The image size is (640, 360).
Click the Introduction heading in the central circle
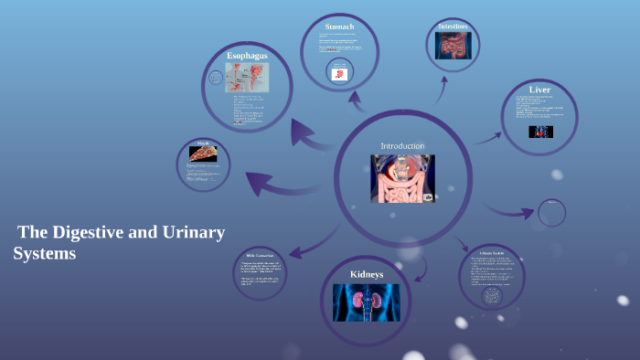point(402,145)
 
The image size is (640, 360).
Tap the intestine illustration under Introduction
point(402,178)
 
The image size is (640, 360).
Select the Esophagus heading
point(247,56)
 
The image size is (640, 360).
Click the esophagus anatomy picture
point(247,78)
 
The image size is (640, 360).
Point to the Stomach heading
point(339,26)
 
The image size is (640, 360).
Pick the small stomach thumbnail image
point(339,73)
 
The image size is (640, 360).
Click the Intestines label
point(453,26)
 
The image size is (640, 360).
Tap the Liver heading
point(539,90)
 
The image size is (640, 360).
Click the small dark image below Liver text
point(540,132)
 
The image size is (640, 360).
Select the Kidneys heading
point(366,274)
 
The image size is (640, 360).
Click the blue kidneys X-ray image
point(366,302)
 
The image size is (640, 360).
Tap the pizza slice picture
point(202,154)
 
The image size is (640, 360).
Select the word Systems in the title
point(45,254)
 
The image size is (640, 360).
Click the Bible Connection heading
point(261,255)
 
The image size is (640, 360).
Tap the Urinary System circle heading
point(492,252)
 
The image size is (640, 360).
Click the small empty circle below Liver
point(552,213)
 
